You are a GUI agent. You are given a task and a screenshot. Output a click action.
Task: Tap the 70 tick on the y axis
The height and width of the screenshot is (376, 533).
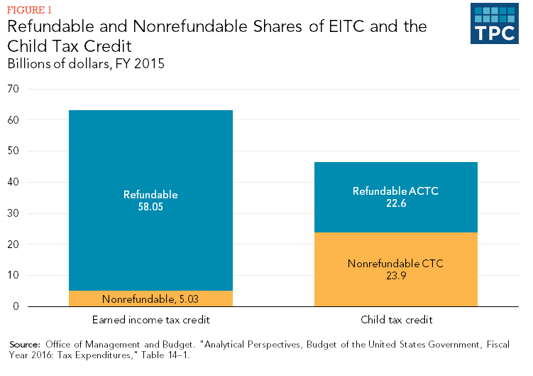point(13,89)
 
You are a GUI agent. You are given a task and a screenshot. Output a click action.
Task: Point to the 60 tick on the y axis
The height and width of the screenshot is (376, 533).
point(13,120)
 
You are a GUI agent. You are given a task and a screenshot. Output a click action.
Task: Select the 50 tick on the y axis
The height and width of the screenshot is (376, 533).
point(13,151)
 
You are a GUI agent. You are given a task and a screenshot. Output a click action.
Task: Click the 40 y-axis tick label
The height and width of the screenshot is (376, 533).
point(13,182)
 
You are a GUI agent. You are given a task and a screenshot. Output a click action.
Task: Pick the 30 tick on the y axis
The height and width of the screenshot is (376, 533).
point(13,213)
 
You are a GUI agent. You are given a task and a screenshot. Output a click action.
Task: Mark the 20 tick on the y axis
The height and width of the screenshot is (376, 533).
point(13,245)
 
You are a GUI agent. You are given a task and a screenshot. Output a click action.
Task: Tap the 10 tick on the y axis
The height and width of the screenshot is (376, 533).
point(13,275)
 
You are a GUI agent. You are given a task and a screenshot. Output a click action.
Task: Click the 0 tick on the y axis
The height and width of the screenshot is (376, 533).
point(16,306)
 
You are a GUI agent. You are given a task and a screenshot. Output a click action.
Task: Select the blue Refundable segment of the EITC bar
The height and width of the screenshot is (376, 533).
point(150,156)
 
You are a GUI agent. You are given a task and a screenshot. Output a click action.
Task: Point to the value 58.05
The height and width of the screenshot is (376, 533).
point(150,207)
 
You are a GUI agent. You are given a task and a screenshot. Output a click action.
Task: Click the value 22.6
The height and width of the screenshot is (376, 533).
point(396,203)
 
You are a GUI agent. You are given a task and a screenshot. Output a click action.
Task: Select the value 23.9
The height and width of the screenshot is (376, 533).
point(396,276)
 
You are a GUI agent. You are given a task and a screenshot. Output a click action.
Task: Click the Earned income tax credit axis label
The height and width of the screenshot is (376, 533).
point(150,320)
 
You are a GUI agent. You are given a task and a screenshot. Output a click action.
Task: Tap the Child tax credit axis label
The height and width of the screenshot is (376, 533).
point(396,320)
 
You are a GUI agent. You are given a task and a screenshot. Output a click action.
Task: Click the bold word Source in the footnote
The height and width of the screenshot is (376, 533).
point(25,344)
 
